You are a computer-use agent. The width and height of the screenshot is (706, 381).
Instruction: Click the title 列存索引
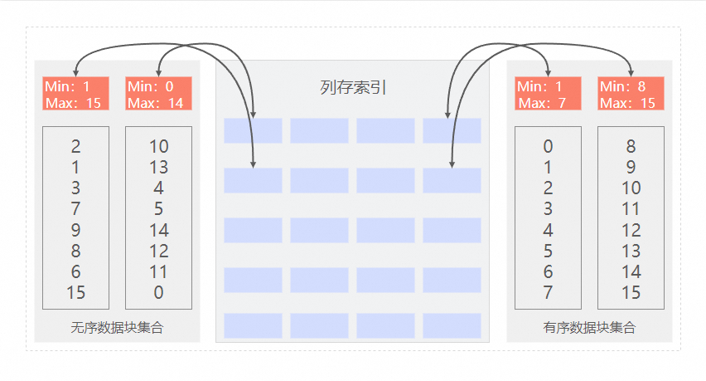point(353,88)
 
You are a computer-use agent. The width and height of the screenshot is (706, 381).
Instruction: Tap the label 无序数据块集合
point(117,328)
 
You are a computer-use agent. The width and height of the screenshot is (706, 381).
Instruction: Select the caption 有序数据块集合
point(589,328)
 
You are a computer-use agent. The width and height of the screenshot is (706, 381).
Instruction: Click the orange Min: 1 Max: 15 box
point(75,94)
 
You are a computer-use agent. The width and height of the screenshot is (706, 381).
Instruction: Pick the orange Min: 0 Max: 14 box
point(158,94)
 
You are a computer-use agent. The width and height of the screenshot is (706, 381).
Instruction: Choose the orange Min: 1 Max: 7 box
point(548,94)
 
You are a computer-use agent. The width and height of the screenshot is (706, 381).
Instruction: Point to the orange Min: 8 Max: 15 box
point(631,94)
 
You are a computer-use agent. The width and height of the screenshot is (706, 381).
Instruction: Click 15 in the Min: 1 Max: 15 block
point(75,292)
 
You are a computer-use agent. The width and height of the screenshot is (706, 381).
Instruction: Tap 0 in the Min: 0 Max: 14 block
point(158,292)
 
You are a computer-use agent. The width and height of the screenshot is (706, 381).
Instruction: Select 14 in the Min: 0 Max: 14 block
point(158,230)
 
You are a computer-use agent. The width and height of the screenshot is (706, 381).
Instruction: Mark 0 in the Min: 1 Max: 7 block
point(548,147)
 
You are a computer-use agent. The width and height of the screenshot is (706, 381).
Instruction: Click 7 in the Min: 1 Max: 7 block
point(548,292)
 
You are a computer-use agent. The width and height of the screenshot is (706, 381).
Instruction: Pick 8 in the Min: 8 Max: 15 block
point(631,147)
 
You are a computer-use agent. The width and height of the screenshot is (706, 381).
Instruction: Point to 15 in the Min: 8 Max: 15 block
point(631,292)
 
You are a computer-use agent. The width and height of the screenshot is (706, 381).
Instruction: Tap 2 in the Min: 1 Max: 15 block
point(75,147)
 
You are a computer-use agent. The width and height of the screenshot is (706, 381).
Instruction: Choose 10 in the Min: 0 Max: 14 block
point(158,147)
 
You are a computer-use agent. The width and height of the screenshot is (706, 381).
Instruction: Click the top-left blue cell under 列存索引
point(253,130)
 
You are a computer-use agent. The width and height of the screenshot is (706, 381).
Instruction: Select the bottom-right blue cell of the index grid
point(452,325)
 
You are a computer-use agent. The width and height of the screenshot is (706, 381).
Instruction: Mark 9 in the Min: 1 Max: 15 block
point(75,230)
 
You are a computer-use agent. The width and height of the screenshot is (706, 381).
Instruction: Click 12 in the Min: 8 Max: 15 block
point(631,230)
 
